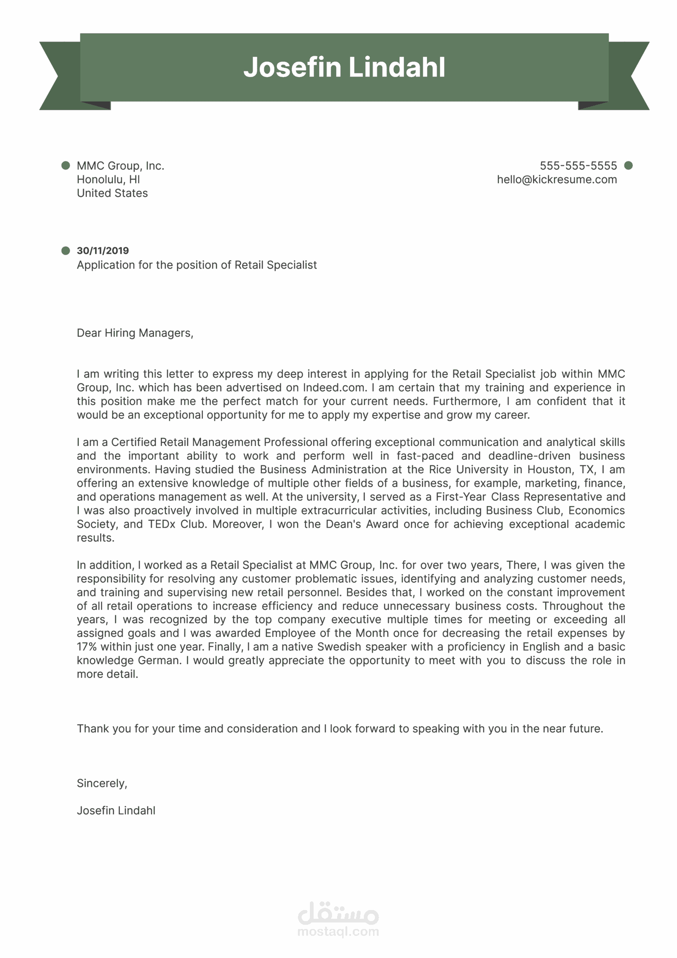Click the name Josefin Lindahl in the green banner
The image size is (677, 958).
[x=344, y=67]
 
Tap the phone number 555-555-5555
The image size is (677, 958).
[x=578, y=166]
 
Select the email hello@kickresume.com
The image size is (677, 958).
[x=557, y=179]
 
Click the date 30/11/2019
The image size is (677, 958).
[x=103, y=250]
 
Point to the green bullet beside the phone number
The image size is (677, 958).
[x=628, y=166]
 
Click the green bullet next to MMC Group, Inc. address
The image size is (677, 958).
[x=65, y=166]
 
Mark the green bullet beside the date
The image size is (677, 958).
[x=65, y=250]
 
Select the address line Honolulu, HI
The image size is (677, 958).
[x=108, y=179]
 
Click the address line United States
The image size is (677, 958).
[x=112, y=193]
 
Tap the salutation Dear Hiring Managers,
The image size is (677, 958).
[x=135, y=333]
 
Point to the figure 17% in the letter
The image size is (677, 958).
[x=87, y=647]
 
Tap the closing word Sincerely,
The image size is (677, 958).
[x=102, y=783]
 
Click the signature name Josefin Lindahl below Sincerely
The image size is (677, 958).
[x=116, y=810]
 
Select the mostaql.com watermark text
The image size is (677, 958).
[x=338, y=931]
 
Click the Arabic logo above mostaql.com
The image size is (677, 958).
[x=338, y=913]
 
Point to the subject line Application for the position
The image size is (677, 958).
[x=196, y=265]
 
